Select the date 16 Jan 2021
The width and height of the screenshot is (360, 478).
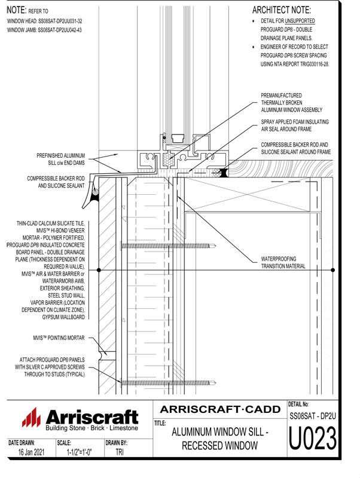tap(29, 454)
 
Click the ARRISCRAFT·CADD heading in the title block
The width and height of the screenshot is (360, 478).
tap(221, 409)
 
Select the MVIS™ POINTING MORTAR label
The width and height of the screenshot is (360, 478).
tap(60, 338)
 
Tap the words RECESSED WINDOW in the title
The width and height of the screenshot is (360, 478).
tap(220, 446)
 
